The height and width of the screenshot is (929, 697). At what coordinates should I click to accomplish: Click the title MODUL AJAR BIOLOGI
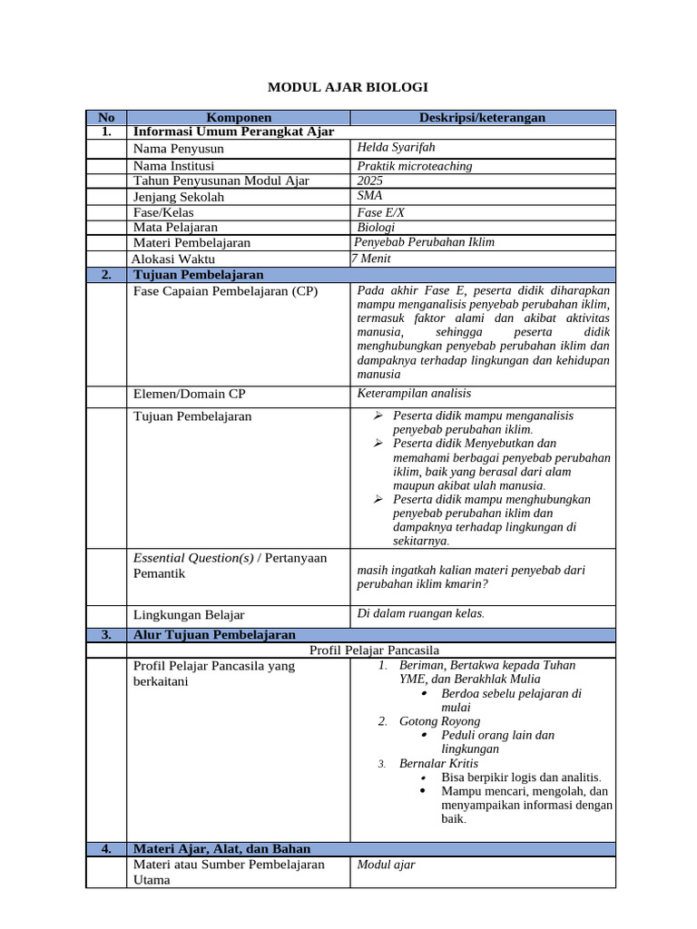[348, 87]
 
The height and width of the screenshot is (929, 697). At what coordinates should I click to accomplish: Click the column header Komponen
[239, 118]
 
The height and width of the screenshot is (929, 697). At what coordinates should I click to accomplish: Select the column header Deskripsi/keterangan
[482, 118]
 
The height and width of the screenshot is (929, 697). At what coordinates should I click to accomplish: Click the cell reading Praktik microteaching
[415, 166]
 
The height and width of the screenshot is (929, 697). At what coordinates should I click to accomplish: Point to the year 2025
[370, 181]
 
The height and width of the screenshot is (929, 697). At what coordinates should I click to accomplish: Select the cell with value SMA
[369, 195]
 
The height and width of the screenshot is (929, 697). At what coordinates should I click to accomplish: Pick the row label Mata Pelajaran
[176, 227]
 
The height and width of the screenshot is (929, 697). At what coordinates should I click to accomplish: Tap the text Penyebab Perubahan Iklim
[424, 242]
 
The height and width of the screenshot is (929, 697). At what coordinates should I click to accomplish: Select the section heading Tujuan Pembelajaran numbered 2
[198, 274]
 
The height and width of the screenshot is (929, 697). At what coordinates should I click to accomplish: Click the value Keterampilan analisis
[414, 393]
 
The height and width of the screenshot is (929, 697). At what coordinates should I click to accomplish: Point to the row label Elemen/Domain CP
[189, 394]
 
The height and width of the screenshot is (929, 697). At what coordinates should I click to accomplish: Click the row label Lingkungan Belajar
[189, 614]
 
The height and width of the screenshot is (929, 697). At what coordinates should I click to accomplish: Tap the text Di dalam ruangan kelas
[420, 613]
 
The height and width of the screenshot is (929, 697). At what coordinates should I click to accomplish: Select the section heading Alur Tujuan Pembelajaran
[214, 635]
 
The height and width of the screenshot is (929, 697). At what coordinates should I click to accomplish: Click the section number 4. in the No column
[106, 849]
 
